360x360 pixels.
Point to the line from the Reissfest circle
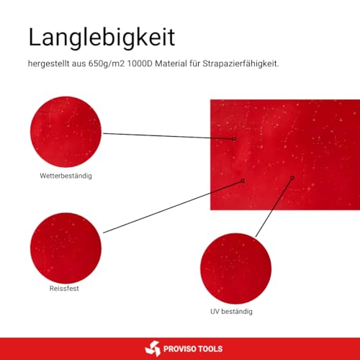click(173, 207)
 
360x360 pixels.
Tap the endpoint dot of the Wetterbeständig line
click(235, 138)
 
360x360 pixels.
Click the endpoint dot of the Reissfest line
click(243, 181)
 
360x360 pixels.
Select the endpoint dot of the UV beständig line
click(292, 177)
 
